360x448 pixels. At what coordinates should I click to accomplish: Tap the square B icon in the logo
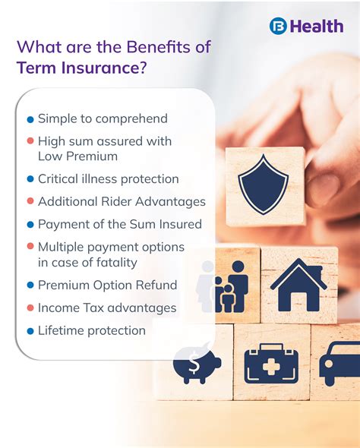click(278, 26)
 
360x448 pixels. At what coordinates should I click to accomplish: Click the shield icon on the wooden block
click(263, 184)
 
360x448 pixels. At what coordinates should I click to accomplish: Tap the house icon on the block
click(298, 285)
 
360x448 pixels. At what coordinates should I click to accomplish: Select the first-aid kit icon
click(270, 364)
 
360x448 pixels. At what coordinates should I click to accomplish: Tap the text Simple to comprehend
click(103, 119)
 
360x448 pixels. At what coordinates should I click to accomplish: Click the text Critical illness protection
click(108, 179)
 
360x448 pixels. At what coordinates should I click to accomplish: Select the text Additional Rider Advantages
click(122, 202)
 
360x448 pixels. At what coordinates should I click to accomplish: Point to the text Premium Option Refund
click(107, 286)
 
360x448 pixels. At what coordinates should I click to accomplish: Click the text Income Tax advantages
click(107, 308)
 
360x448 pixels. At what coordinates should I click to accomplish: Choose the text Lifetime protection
click(91, 330)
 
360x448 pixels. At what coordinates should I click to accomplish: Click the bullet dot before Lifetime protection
click(30, 331)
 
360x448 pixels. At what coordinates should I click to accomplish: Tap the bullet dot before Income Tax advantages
click(30, 308)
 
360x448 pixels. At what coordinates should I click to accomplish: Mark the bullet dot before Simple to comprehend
click(30, 120)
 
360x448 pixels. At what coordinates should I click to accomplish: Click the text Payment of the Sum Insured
click(120, 224)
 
